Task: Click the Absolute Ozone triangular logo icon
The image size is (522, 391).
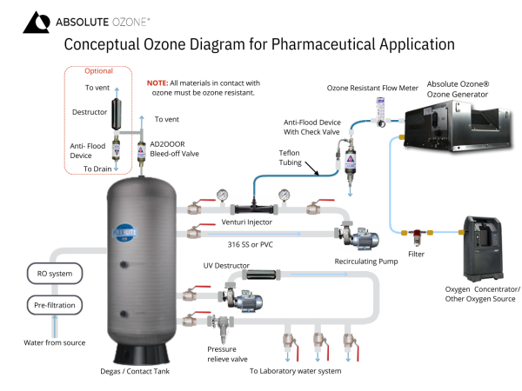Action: click(37, 23)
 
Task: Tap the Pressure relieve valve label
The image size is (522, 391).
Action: click(227, 354)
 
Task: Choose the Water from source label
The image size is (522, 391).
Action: click(54, 342)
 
